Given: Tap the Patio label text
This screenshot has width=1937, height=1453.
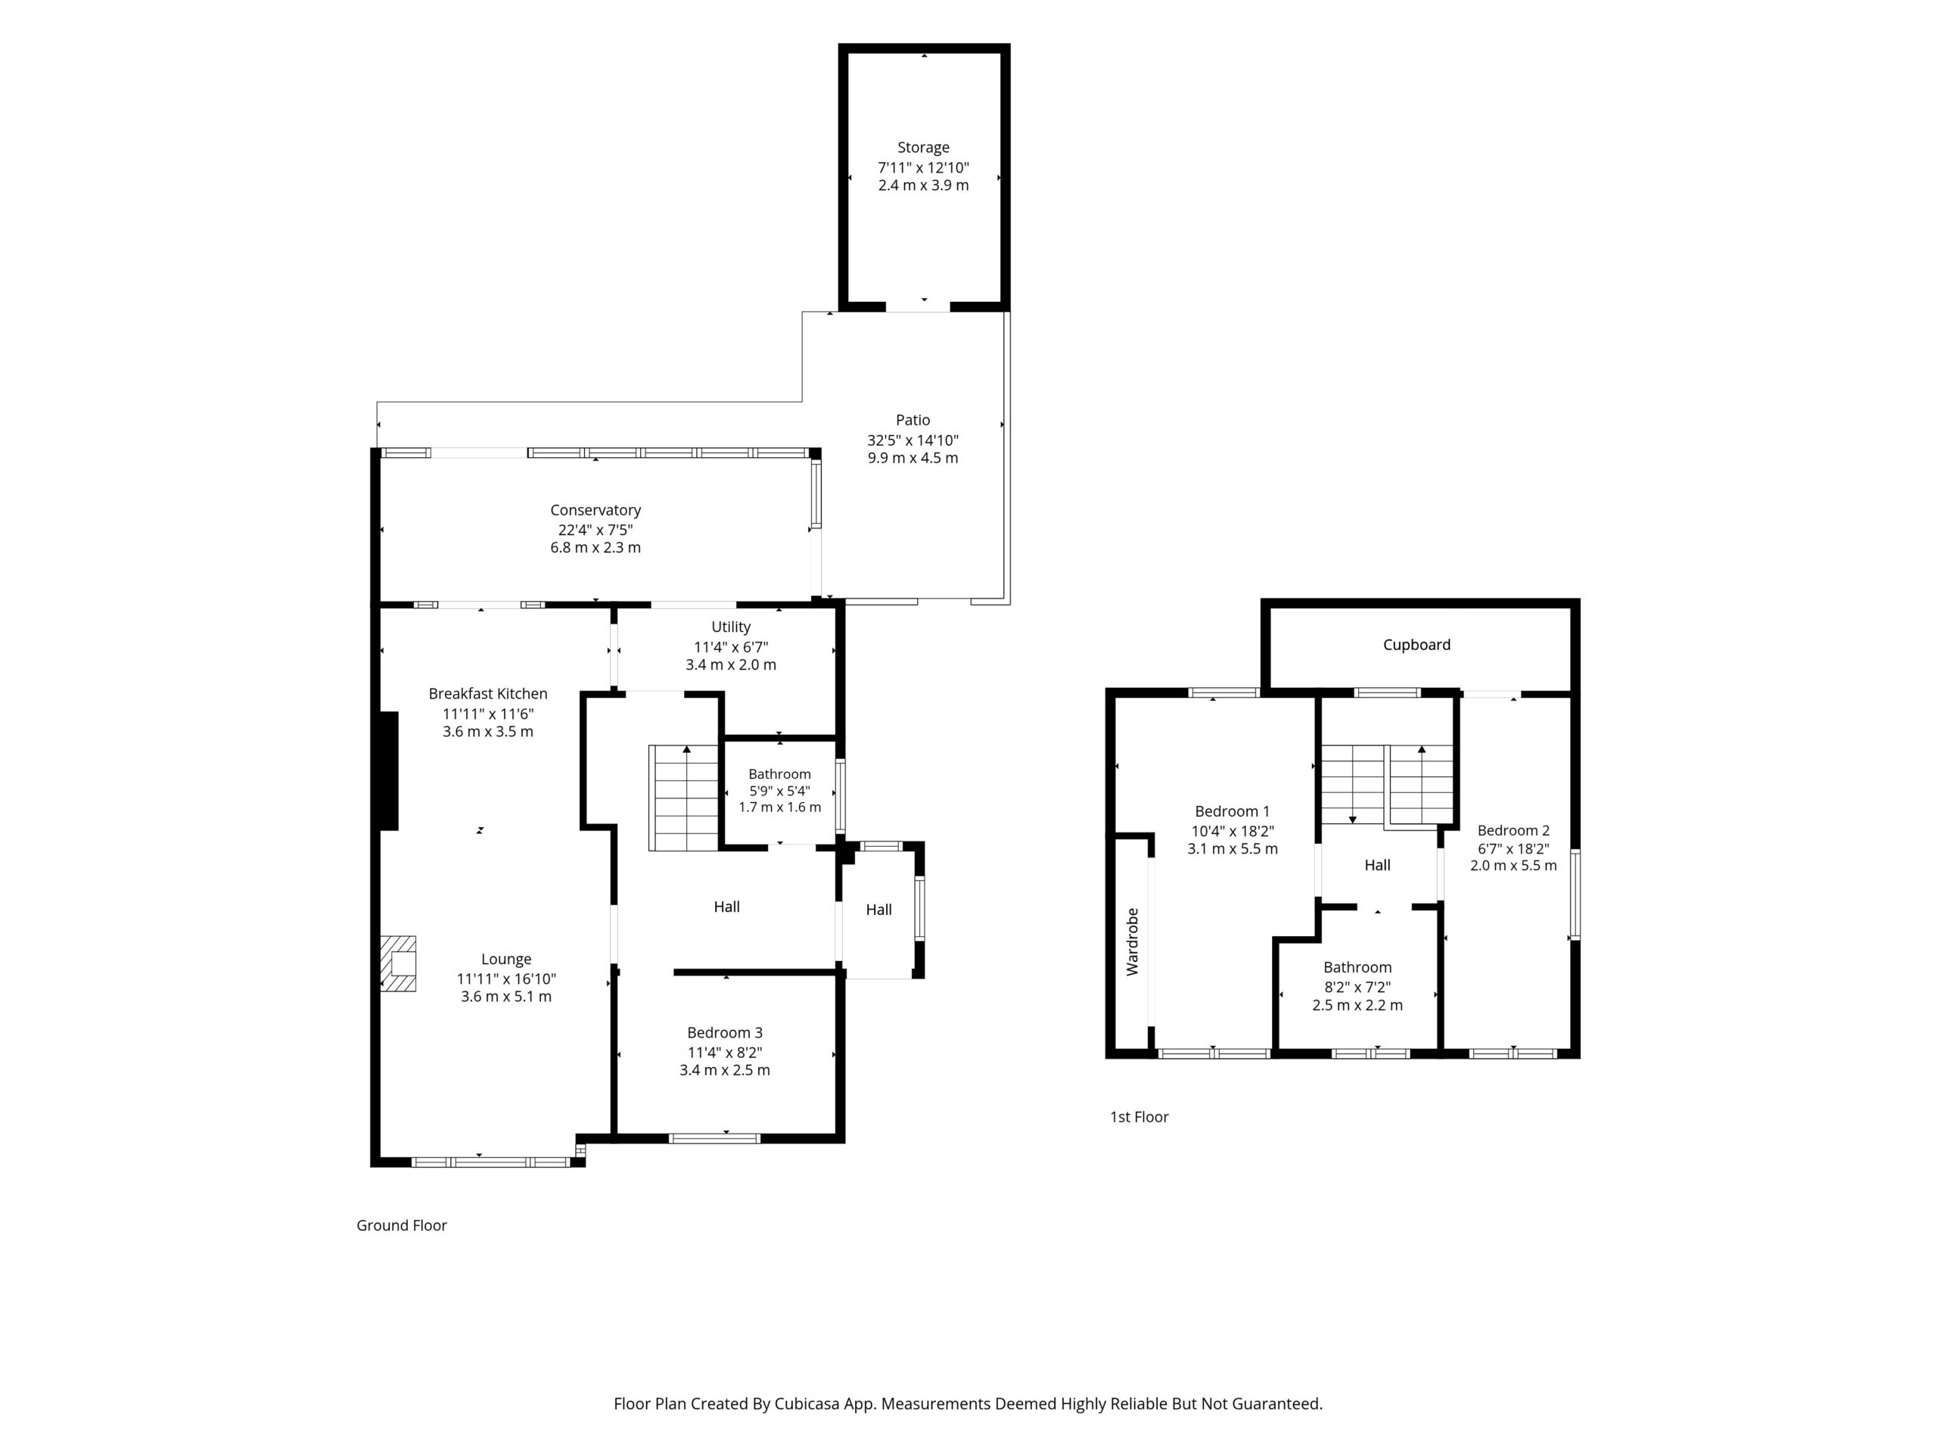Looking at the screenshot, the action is (x=913, y=421).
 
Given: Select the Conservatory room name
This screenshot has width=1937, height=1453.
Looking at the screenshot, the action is (x=595, y=511).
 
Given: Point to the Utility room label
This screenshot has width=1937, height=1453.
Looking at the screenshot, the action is (x=731, y=627).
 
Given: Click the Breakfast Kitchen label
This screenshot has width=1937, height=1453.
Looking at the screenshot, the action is (x=488, y=694).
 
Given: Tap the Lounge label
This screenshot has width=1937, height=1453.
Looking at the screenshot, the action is (x=506, y=960).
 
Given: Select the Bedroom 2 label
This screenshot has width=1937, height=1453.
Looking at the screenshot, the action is (x=1513, y=831).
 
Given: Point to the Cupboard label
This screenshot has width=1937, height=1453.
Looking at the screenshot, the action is (x=1417, y=646).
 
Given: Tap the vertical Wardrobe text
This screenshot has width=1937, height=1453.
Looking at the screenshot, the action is (x=1132, y=941).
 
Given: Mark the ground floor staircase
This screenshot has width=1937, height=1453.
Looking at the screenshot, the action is (x=684, y=798).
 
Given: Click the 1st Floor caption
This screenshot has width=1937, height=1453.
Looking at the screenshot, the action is (x=1140, y=1117).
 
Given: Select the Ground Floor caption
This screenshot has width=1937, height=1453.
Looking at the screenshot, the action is (x=402, y=1225).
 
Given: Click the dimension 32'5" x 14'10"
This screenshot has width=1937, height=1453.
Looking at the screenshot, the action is (x=913, y=440).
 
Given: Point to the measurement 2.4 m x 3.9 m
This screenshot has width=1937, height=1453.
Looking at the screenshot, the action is (x=924, y=185).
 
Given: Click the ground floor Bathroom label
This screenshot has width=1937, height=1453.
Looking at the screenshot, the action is (x=779, y=774).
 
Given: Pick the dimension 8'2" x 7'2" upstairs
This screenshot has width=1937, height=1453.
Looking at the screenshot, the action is (x=1357, y=987).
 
